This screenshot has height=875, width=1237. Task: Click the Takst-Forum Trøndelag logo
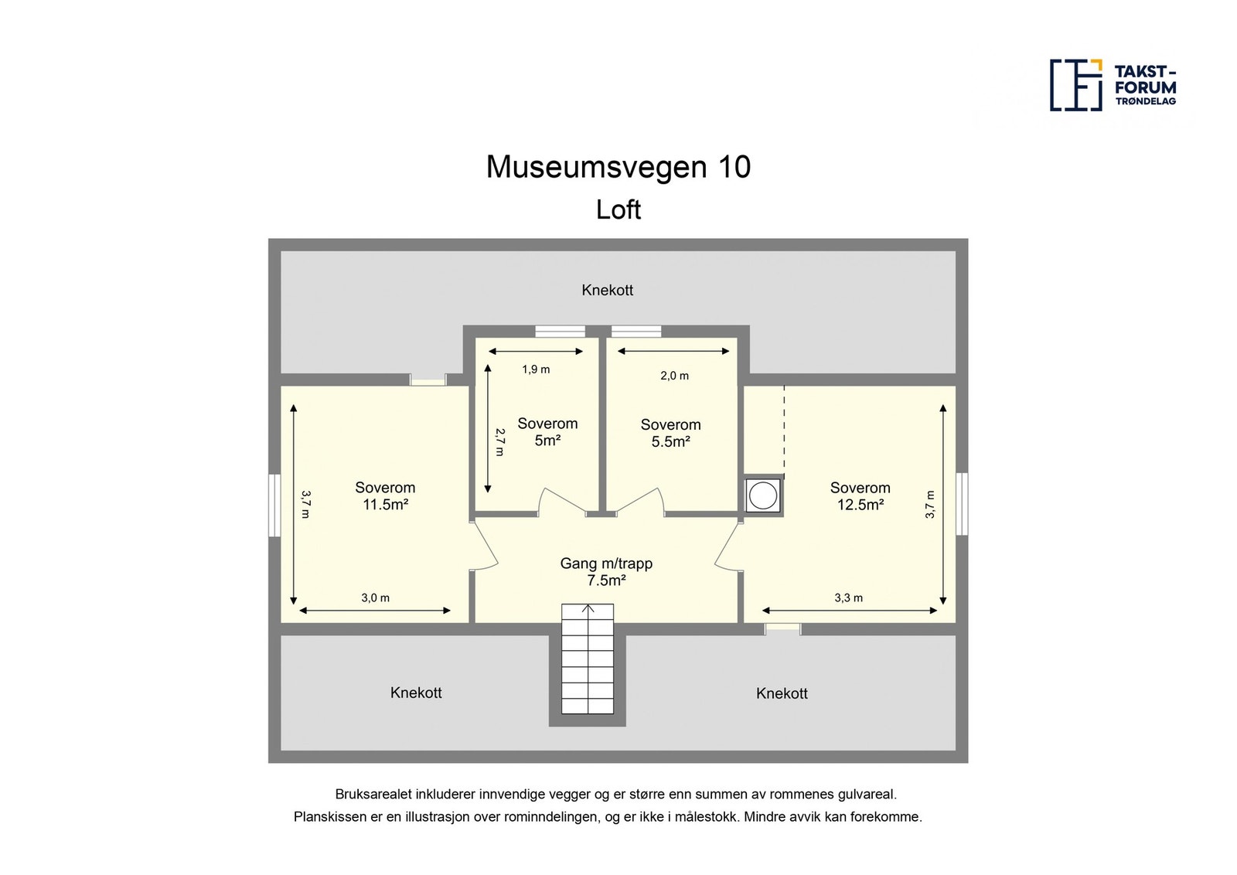(1113, 85)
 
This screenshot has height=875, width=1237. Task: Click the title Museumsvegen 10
(618, 167)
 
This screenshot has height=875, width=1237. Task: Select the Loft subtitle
(618, 209)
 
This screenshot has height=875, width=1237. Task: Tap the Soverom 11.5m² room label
(385, 496)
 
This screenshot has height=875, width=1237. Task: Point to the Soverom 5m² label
(547, 432)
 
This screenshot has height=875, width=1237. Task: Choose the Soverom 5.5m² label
(670, 433)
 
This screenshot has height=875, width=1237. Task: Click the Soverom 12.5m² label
(860, 496)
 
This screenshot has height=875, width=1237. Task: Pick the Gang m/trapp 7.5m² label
(606, 572)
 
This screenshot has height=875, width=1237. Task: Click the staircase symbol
(588, 659)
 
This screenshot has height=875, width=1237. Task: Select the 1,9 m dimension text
(536, 369)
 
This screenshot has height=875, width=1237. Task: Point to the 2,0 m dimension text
(674, 376)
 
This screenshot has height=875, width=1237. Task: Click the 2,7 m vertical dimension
(499, 442)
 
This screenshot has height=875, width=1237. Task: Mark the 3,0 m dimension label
(375, 598)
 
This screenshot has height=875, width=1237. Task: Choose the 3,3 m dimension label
(848, 598)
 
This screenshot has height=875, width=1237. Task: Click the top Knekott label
(607, 290)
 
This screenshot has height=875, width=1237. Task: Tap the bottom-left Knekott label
(416, 693)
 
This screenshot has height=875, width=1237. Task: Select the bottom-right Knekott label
(782, 693)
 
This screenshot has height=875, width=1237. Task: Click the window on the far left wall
(274, 505)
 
